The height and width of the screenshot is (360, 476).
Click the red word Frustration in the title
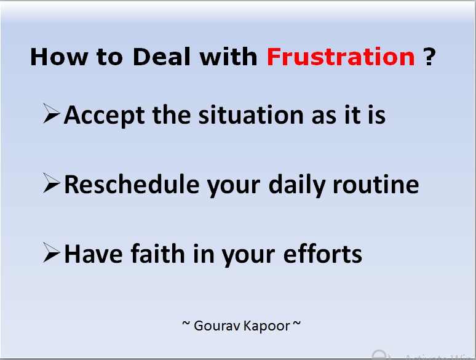point(341,57)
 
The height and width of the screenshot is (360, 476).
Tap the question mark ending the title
point(430,57)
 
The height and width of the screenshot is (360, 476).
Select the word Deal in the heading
point(162,57)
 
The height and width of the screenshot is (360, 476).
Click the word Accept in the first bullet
point(101,115)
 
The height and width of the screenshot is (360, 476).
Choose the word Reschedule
point(131,185)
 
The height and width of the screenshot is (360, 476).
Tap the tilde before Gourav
point(186,324)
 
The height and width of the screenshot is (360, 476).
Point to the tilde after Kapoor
point(296,324)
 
